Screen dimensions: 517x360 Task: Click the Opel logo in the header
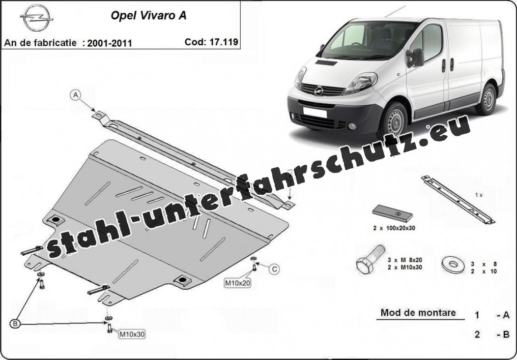point(36,18)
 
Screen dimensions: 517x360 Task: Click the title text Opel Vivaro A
point(148,16)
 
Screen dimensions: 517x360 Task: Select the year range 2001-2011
point(110,43)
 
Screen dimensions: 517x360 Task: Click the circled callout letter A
point(76,95)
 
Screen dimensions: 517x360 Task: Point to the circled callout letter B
point(15,324)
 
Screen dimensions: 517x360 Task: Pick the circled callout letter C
point(274,269)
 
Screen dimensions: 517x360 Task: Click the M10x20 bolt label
point(237,283)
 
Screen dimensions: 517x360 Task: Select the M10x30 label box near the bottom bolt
point(132,334)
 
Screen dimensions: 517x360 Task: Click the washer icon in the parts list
point(453,264)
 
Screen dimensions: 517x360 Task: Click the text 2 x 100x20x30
point(394,228)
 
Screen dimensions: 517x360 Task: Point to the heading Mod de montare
point(418,312)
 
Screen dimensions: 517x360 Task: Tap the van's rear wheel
point(488,99)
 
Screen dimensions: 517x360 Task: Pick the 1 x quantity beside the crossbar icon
point(479,195)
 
